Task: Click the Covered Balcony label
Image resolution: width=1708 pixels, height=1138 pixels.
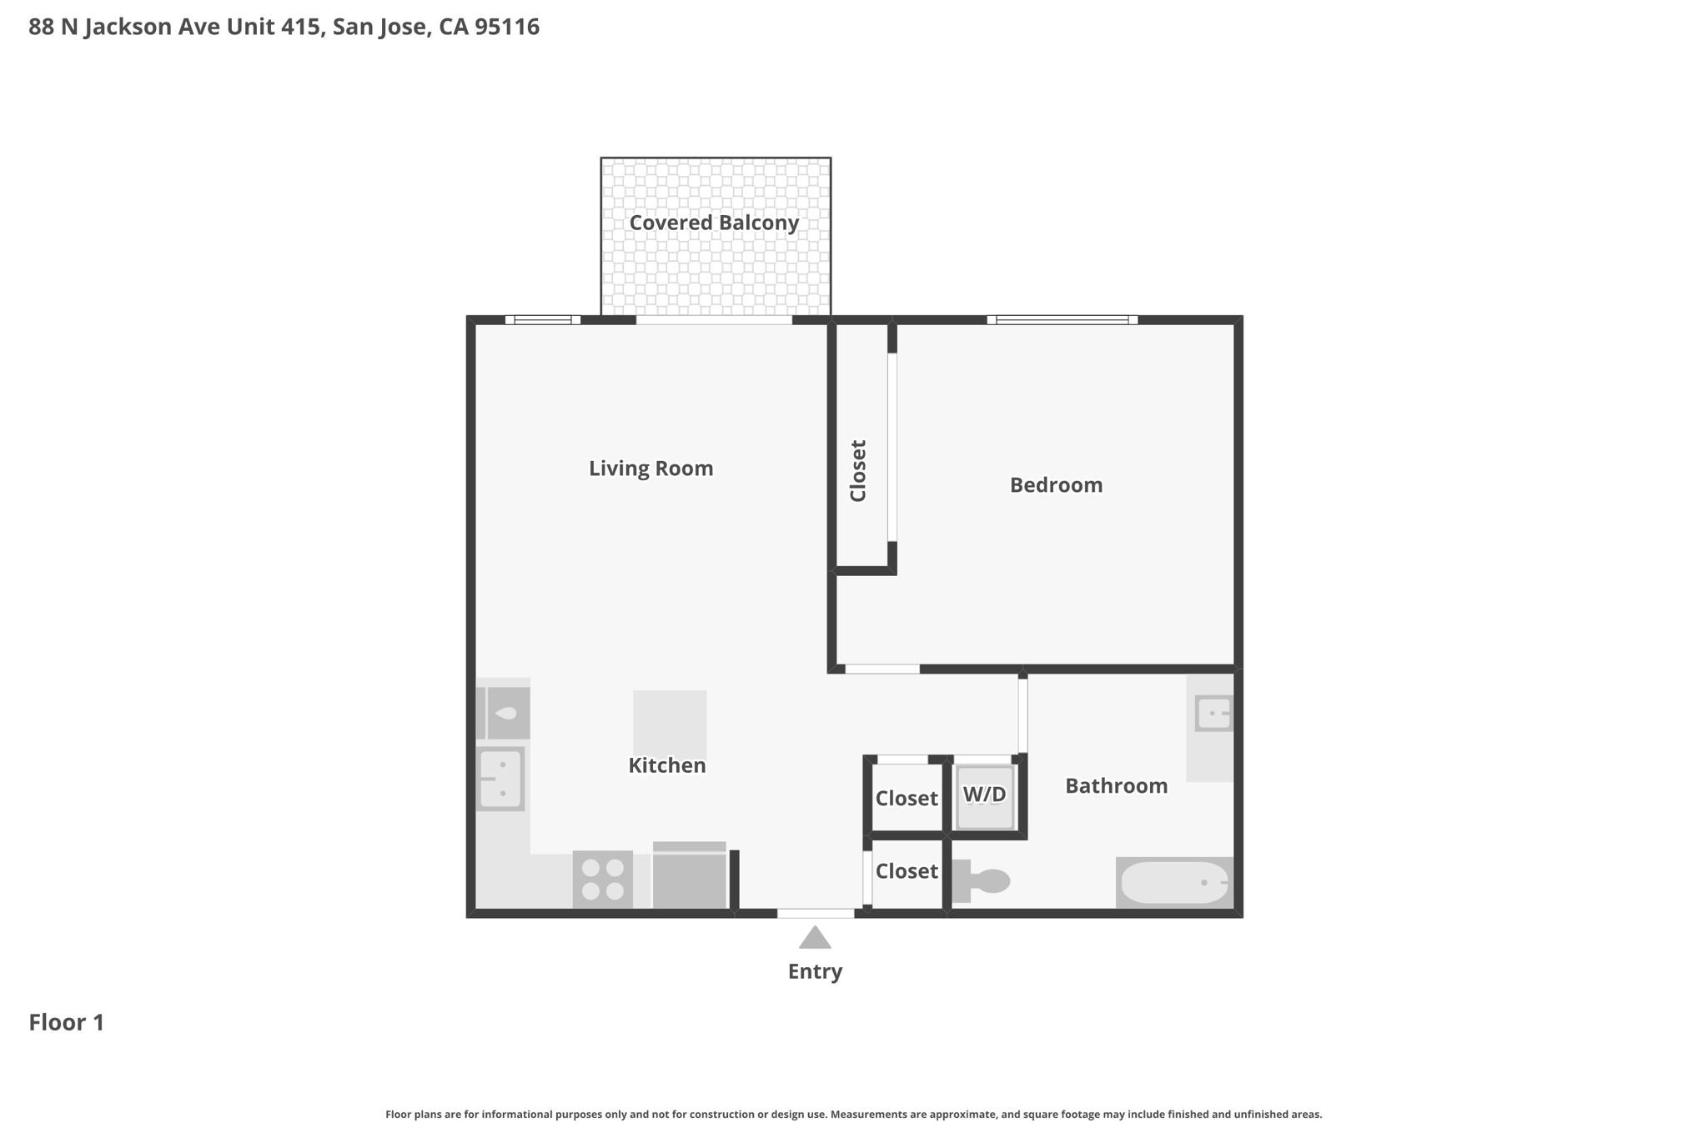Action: (x=714, y=223)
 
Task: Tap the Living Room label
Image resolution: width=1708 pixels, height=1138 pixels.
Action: (x=651, y=469)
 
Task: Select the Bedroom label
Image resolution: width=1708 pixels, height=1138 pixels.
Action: (x=1056, y=485)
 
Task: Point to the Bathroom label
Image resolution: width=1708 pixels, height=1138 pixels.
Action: (x=1116, y=786)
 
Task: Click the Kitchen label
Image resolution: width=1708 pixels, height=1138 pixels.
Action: (x=666, y=765)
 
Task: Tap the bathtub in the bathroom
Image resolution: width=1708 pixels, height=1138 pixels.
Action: (x=1174, y=882)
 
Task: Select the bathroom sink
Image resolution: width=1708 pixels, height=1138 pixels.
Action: (x=1213, y=714)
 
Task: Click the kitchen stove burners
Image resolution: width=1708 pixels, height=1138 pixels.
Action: (x=603, y=880)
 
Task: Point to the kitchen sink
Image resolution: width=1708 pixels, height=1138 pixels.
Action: (x=500, y=779)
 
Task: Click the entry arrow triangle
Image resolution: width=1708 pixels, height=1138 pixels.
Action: (x=815, y=939)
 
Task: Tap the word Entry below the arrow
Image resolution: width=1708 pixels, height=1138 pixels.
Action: (x=815, y=971)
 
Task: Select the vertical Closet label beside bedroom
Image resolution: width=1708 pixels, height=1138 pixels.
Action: (x=858, y=471)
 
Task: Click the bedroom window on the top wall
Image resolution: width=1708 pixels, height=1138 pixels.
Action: (x=1062, y=319)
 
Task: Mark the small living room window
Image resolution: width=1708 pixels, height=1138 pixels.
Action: (x=543, y=319)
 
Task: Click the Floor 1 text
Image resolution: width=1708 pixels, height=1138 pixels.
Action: (x=67, y=1023)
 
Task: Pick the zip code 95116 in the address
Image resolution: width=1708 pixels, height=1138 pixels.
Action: (x=507, y=27)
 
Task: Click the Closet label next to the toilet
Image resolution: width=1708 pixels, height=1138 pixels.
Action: (x=907, y=871)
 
